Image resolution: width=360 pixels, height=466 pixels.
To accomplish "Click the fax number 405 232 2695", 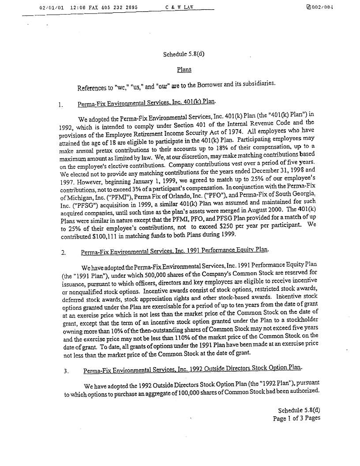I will (x=111, y=7).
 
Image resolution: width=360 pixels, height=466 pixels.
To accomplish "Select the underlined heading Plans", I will (x=184, y=69).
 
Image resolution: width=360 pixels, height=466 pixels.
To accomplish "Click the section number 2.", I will (x=64, y=253).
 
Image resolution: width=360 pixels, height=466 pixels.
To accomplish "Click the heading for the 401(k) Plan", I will (x=146, y=103).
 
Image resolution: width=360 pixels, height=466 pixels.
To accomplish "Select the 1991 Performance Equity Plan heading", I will (x=175, y=251).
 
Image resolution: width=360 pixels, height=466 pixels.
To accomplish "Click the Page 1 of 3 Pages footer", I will (x=296, y=418).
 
